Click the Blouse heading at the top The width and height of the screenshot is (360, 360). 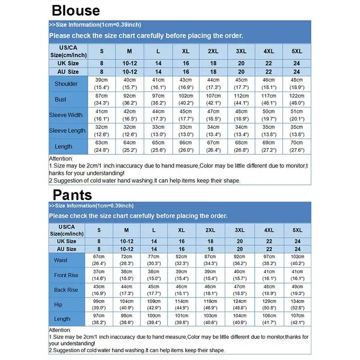coord(76,10)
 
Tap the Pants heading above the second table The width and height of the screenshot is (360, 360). coord(72,194)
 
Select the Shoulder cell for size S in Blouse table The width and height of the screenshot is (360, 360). coord(101,84)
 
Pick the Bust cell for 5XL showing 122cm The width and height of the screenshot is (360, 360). coord(297,99)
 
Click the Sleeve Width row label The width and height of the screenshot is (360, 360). coord(67,115)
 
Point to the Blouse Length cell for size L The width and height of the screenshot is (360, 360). coord(158,147)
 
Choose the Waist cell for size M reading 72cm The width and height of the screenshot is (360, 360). coord(126,260)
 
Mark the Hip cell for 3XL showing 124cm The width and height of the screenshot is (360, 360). coord(240,305)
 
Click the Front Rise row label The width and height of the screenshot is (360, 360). coord(67,275)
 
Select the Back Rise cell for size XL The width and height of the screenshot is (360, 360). coord(181,290)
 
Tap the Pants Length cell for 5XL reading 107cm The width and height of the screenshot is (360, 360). coord(297,319)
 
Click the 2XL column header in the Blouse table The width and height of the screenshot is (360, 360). coord(213,51)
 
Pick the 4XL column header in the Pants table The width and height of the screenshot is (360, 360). coord(269,230)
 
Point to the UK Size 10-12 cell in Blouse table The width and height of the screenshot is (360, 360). coord(130,63)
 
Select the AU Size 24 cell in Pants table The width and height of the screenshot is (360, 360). coord(297,249)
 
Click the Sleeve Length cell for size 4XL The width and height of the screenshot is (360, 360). coord(269,131)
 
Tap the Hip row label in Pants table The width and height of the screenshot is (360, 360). coord(67,305)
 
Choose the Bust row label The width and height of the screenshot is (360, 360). coord(67,99)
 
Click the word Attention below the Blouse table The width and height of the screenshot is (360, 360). coord(61,159)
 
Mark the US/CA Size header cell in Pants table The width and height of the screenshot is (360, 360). coord(67,230)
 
